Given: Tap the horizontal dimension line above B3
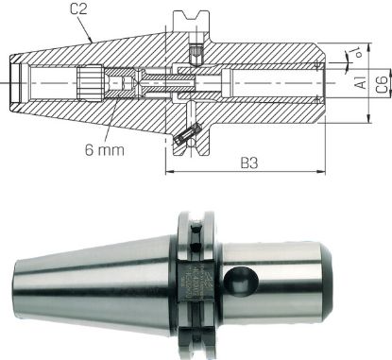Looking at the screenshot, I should pyautogui.click(x=265, y=172).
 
